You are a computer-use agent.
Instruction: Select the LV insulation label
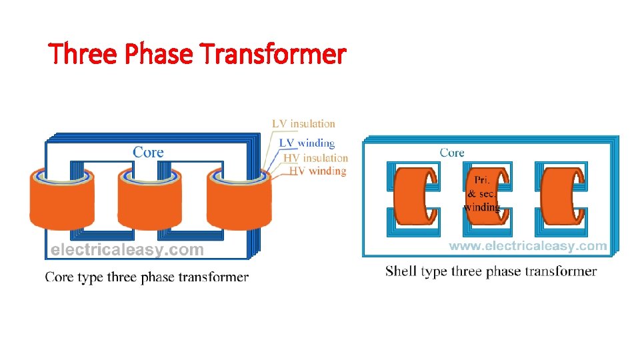(x=303, y=123)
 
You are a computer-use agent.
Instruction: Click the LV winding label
(x=307, y=142)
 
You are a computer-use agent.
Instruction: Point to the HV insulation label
(x=315, y=158)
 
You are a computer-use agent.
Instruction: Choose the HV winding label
(x=317, y=171)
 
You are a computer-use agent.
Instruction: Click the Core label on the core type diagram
(x=148, y=152)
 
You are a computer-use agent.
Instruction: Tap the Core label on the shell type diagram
(x=452, y=153)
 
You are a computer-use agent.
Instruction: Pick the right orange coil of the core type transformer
(x=238, y=203)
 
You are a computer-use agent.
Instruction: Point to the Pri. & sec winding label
(x=481, y=193)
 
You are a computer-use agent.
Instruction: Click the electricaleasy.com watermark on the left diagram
(x=127, y=250)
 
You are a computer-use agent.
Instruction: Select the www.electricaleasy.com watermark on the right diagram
(x=527, y=246)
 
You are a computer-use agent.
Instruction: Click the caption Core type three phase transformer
(x=147, y=277)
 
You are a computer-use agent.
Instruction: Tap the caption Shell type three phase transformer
(x=491, y=271)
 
